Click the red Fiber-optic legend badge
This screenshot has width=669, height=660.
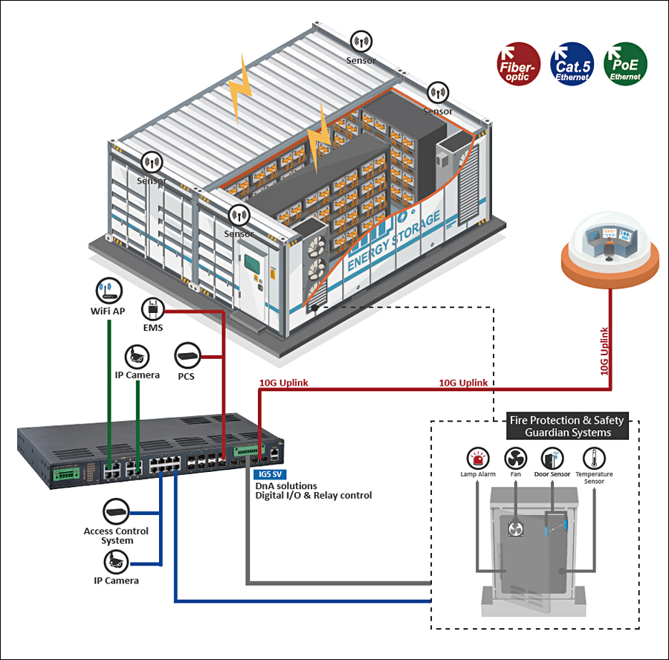[x=518, y=64]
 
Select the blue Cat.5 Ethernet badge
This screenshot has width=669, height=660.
[x=572, y=64]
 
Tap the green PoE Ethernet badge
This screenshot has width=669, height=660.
[x=625, y=64]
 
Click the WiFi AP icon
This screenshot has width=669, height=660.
[x=109, y=291]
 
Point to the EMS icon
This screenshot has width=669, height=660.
[x=152, y=309]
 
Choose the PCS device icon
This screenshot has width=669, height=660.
[x=187, y=356]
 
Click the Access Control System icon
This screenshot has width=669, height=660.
[x=116, y=511]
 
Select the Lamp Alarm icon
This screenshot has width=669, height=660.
[x=478, y=459]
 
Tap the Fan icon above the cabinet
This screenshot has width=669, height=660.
[x=515, y=459]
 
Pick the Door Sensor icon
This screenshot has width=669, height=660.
[x=552, y=459]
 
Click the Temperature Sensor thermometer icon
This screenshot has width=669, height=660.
[x=594, y=459]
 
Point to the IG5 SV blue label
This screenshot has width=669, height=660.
[x=270, y=474]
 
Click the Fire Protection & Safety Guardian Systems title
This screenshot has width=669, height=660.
[x=567, y=426]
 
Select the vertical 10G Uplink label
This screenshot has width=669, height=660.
[x=604, y=351]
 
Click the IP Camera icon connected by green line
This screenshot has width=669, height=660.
[x=137, y=357]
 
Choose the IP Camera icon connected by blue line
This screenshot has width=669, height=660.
[x=116, y=562]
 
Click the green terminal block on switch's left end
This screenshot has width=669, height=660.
[x=66, y=474]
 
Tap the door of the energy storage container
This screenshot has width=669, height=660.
[x=253, y=280]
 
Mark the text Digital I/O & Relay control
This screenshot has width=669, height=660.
[x=314, y=496]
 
